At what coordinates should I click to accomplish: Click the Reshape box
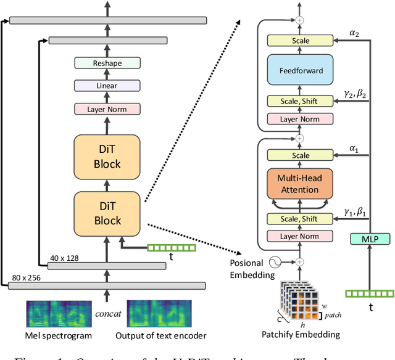tap(107, 63)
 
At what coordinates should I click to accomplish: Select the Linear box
tap(107, 86)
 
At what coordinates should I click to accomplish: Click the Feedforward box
tap(300, 71)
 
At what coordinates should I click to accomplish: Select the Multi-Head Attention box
tap(300, 184)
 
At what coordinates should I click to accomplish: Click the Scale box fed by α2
tap(300, 41)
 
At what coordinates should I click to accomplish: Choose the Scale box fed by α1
tap(300, 156)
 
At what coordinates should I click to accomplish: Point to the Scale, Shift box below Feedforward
tap(300, 101)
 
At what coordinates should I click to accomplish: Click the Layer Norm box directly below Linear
tap(107, 108)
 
